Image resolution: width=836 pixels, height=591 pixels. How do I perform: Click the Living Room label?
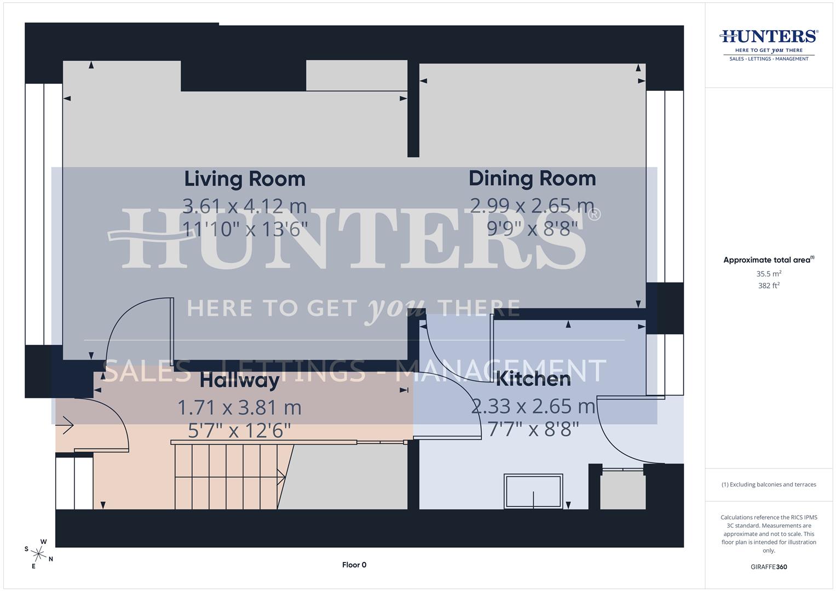244,179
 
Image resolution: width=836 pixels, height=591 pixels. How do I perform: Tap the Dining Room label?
532,178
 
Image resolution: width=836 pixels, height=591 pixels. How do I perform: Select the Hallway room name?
239,380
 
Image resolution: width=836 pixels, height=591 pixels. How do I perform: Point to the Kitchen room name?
533,379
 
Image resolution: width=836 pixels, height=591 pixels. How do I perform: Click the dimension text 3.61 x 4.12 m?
244,206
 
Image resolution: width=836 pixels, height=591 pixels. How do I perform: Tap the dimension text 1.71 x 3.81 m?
239,407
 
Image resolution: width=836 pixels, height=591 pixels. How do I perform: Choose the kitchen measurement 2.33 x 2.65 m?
533,406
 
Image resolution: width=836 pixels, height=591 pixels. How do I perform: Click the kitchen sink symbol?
533,490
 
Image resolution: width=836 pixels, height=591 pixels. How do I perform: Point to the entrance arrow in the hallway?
67,425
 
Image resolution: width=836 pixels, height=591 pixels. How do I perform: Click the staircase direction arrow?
281,477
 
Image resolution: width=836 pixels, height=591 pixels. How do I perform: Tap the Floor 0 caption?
354,565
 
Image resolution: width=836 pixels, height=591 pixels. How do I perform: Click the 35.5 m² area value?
769,274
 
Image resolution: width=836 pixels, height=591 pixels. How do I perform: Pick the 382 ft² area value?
769,286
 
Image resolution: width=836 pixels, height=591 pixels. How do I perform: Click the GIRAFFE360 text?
769,567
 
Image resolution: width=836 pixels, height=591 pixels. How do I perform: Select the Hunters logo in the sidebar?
769,44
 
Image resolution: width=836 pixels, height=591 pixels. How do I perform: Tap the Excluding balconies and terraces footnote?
769,484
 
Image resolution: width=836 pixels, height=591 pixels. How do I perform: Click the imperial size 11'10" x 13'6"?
244,229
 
